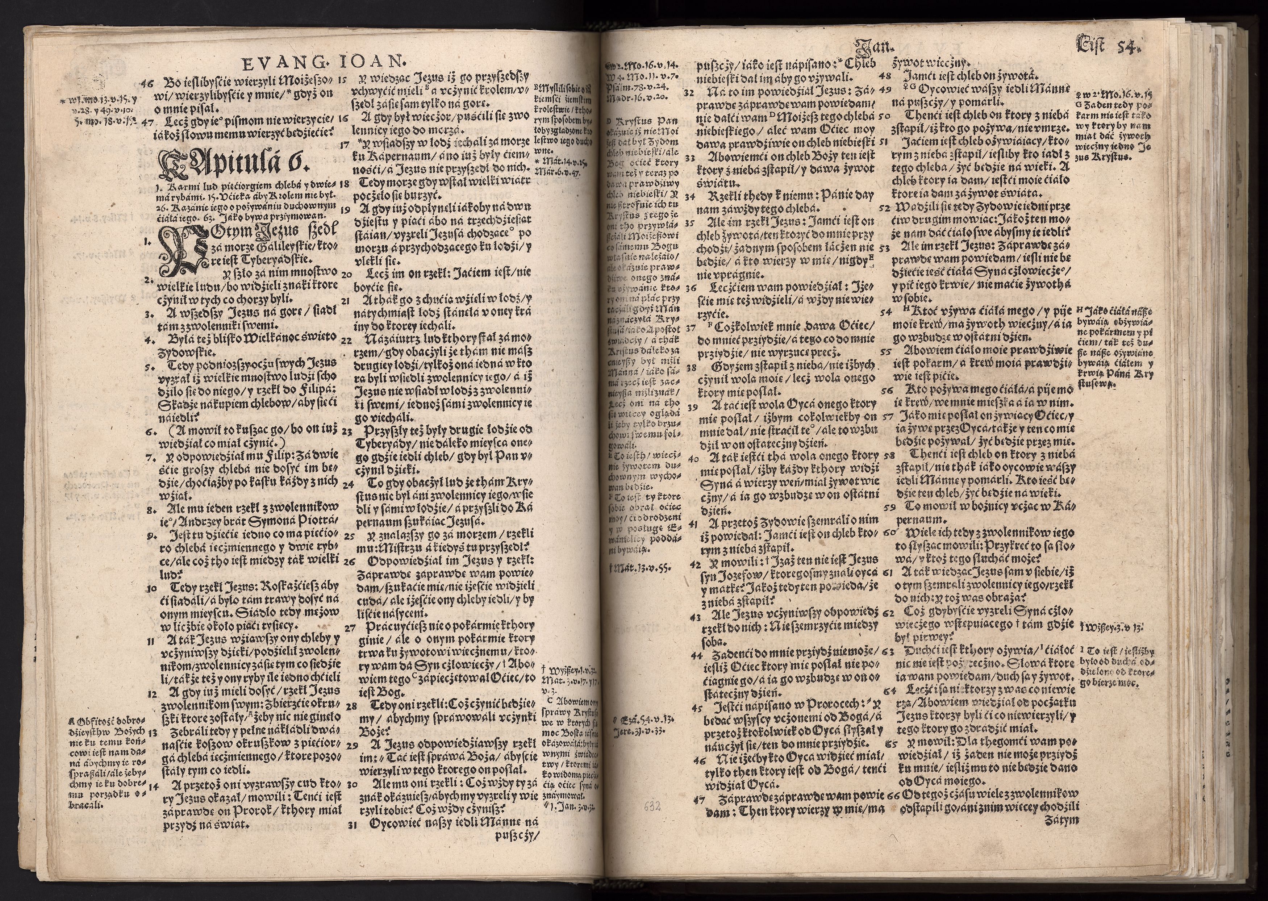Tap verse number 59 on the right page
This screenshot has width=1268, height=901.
890,506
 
